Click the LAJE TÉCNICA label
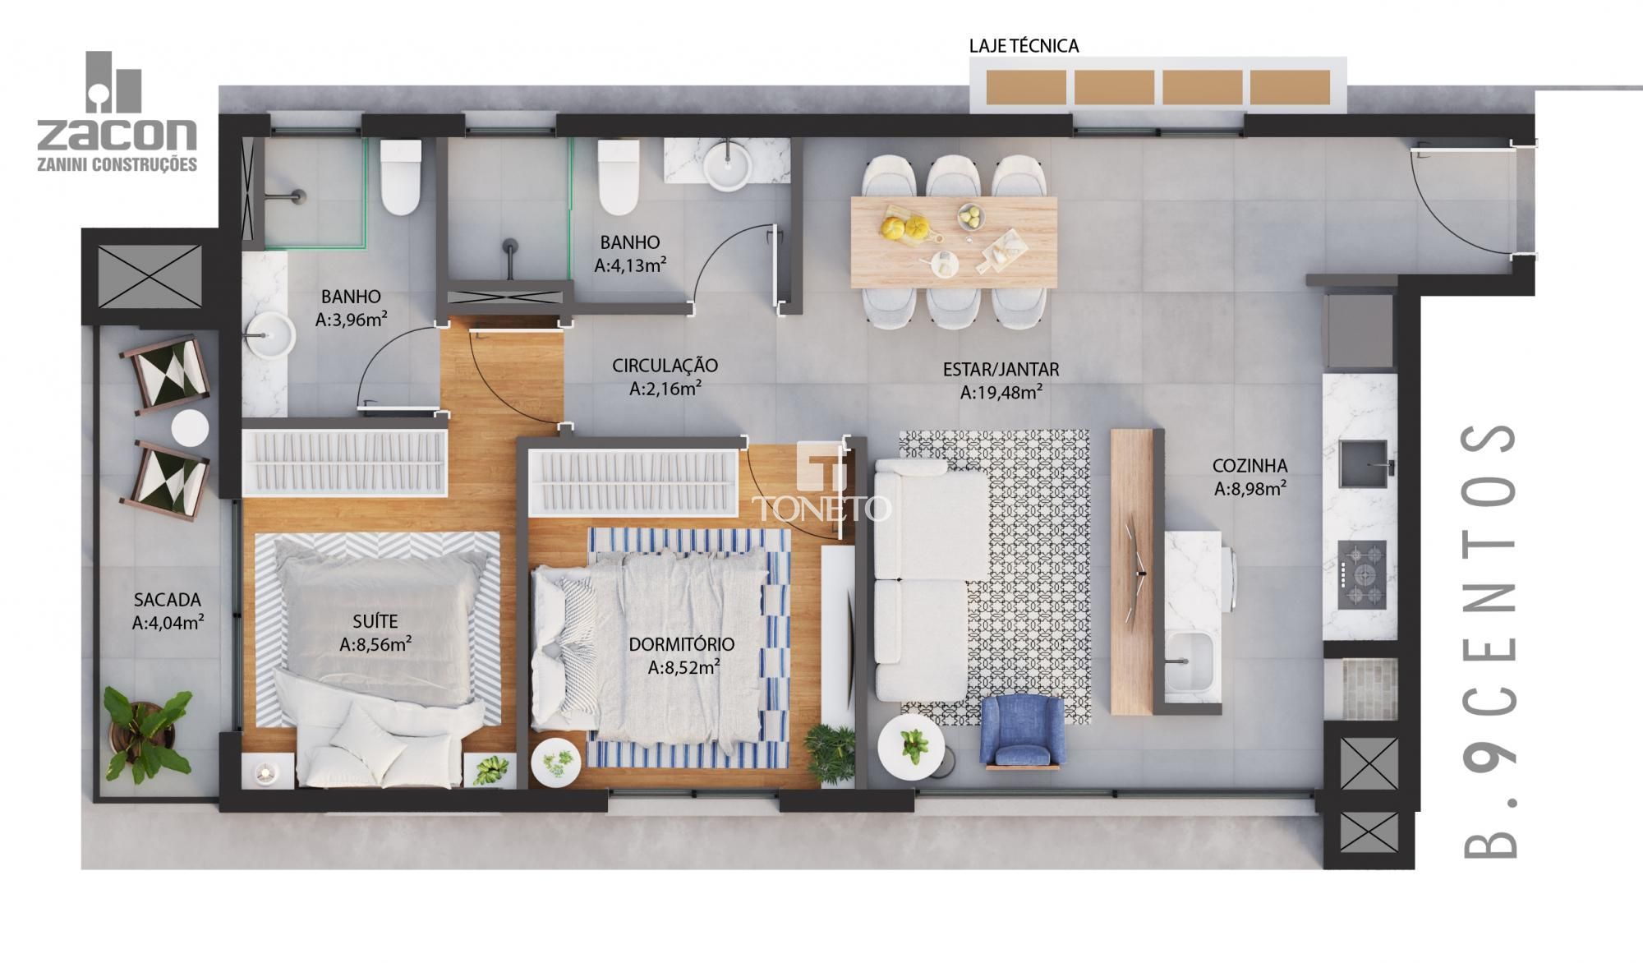(1024, 46)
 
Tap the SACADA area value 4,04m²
(168, 624)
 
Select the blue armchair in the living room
(1022, 730)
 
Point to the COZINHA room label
(1250, 466)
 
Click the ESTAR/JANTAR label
(1001, 370)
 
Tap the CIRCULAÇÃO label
(665, 366)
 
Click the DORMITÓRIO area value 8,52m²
(684, 667)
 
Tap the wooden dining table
(953, 242)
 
